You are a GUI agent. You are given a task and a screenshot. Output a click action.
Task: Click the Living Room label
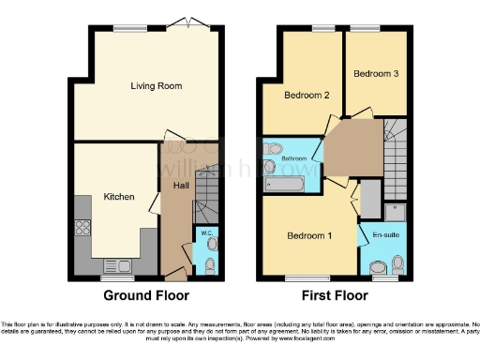click(x=156, y=86)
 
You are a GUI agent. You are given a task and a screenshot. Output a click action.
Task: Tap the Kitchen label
click(x=119, y=198)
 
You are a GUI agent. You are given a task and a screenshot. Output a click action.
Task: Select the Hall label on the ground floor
click(x=181, y=186)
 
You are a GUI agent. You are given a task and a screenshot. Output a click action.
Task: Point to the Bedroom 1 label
click(x=308, y=234)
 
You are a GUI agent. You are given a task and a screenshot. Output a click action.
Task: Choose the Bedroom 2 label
click(x=307, y=95)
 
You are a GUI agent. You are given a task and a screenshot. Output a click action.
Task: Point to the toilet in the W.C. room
click(x=210, y=246)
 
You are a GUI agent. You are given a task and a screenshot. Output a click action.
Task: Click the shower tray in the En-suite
click(x=394, y=211)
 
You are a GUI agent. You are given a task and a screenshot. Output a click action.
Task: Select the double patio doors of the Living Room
click(x=190, y=22)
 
